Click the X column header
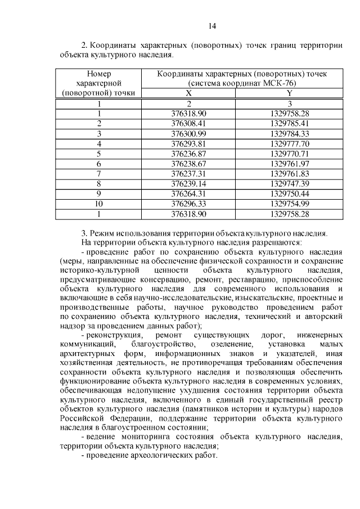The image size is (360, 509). (189, 93)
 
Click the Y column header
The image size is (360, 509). (290, 93)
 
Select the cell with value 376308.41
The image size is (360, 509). (189, 123)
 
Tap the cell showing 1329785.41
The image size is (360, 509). (290, 123)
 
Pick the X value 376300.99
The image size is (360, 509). (189, 133)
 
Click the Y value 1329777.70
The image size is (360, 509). (290, 143)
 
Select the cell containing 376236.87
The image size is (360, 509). (189, 153)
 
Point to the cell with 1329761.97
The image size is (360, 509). (290, 163)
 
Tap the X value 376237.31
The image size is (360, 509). (189, 173)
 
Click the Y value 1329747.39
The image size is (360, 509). (290, 183)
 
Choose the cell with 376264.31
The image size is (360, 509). (189, 193)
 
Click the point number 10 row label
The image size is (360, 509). (99, 204)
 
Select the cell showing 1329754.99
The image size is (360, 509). (290, 204)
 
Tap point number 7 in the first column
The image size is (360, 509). (99, 173)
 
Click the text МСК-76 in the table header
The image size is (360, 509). (282, 83)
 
